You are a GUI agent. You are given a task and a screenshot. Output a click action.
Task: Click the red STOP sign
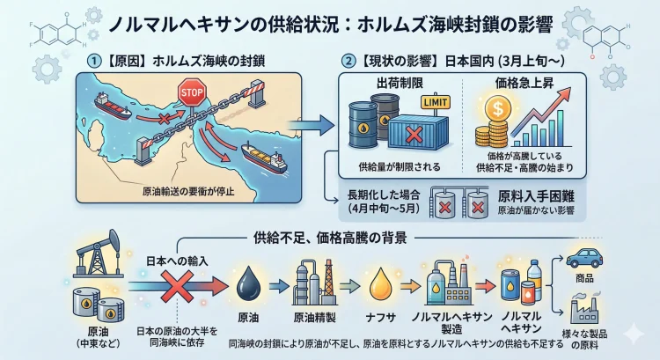point(190,92)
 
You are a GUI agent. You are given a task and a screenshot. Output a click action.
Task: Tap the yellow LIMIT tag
point(431,104)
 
